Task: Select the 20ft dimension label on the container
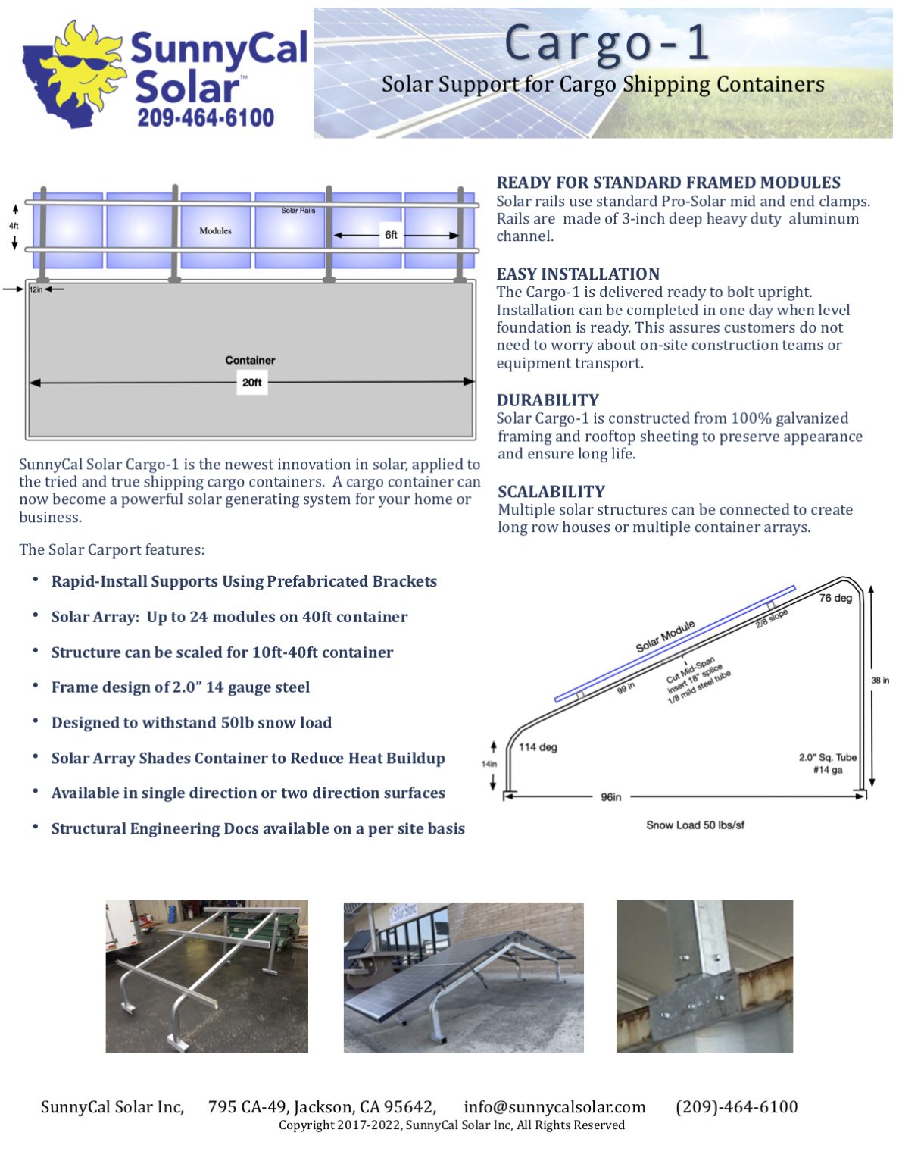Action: (x=251, y=383)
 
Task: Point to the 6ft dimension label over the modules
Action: (x=391, y=235)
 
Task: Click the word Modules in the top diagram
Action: (x=215, y=230)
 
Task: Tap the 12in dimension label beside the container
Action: (x=36, y=289)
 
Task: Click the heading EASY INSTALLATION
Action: (x=578, y=274)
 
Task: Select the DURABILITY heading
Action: (x=548, y=400)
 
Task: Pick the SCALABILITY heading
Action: (x=551, y=491)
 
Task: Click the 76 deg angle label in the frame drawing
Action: (x=835, y=598)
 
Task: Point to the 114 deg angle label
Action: (x=538, y=747)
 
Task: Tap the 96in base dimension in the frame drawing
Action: (x=611, y=797)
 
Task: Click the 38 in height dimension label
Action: (x=880, y=681)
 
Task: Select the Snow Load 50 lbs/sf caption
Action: (x=695, y=824)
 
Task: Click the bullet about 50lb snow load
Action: (x=192, y=722)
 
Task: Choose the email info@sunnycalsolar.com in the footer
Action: (x=554, y=1107)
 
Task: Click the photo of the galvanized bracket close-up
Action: (x=704, y=976)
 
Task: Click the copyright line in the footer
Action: (x=451, y=1125)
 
